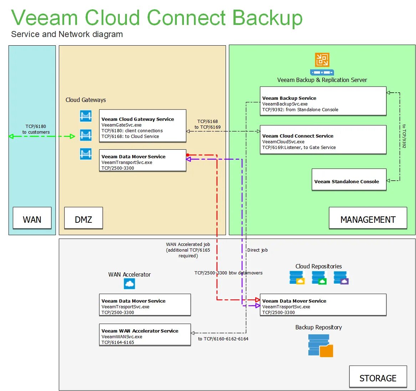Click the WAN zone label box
(x=32, y=218)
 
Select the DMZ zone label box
(x=83, y=218)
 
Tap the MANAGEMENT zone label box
(x=368, y=218)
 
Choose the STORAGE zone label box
(x=378, y=376)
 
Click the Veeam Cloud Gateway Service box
(x=143, y=126)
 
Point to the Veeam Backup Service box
(x=323, y=101)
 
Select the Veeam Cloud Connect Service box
(x=323, y=139)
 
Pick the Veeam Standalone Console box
(x=349, y=180)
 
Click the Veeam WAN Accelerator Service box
(x=145, y=334)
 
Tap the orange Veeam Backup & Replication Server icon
(x=322, y=60)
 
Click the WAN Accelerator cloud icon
(x=129, y=284)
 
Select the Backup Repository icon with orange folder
(x=320, y=346)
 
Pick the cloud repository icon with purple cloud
(x=341, y=278)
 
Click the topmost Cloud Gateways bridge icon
(x=86, y=116)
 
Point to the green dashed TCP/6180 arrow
(x=42, y=136)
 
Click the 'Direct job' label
(x=257, y=250)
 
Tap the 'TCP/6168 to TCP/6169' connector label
(x=207, y=124)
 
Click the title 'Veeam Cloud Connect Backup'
(x=157, y=17)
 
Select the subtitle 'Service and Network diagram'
(x=67, y=34)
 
